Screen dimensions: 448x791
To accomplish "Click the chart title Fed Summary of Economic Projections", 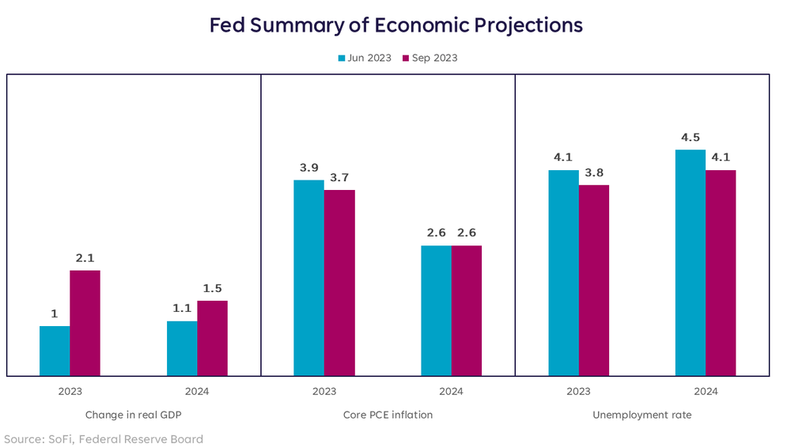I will [x=395, y=25].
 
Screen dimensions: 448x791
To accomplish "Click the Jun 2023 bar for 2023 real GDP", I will [x=55, y=351].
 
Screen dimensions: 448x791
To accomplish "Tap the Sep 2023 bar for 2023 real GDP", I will [x=85, y=323].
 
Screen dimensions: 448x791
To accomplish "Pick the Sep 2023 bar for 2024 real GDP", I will [x=212, y=338].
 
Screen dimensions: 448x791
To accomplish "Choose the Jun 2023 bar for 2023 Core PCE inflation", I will [x=308, y=278].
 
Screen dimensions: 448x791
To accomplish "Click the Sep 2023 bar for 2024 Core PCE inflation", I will [x=467, y=310].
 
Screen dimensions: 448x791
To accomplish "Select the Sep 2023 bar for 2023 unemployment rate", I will [x=594, y=280].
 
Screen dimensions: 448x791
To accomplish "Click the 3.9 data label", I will [x=308, y=167].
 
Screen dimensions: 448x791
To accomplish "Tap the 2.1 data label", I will [x=85, y=257].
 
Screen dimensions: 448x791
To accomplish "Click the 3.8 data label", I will [x=594, y=172].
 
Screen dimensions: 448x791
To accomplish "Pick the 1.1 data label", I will [x=182, y=308].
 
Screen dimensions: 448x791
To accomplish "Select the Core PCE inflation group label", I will [x=388, y=415].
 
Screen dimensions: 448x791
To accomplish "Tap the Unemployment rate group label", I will [x=642, y=415].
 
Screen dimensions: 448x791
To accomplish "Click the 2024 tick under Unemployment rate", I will [x=706, y=391].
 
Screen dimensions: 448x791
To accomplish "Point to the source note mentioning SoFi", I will [x=104, y=439].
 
